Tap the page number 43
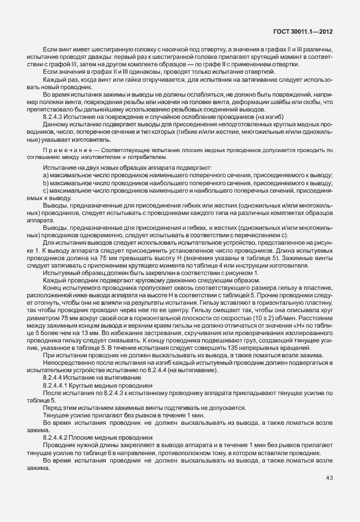pos(329,477)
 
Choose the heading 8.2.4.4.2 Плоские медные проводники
pos(88,437)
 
